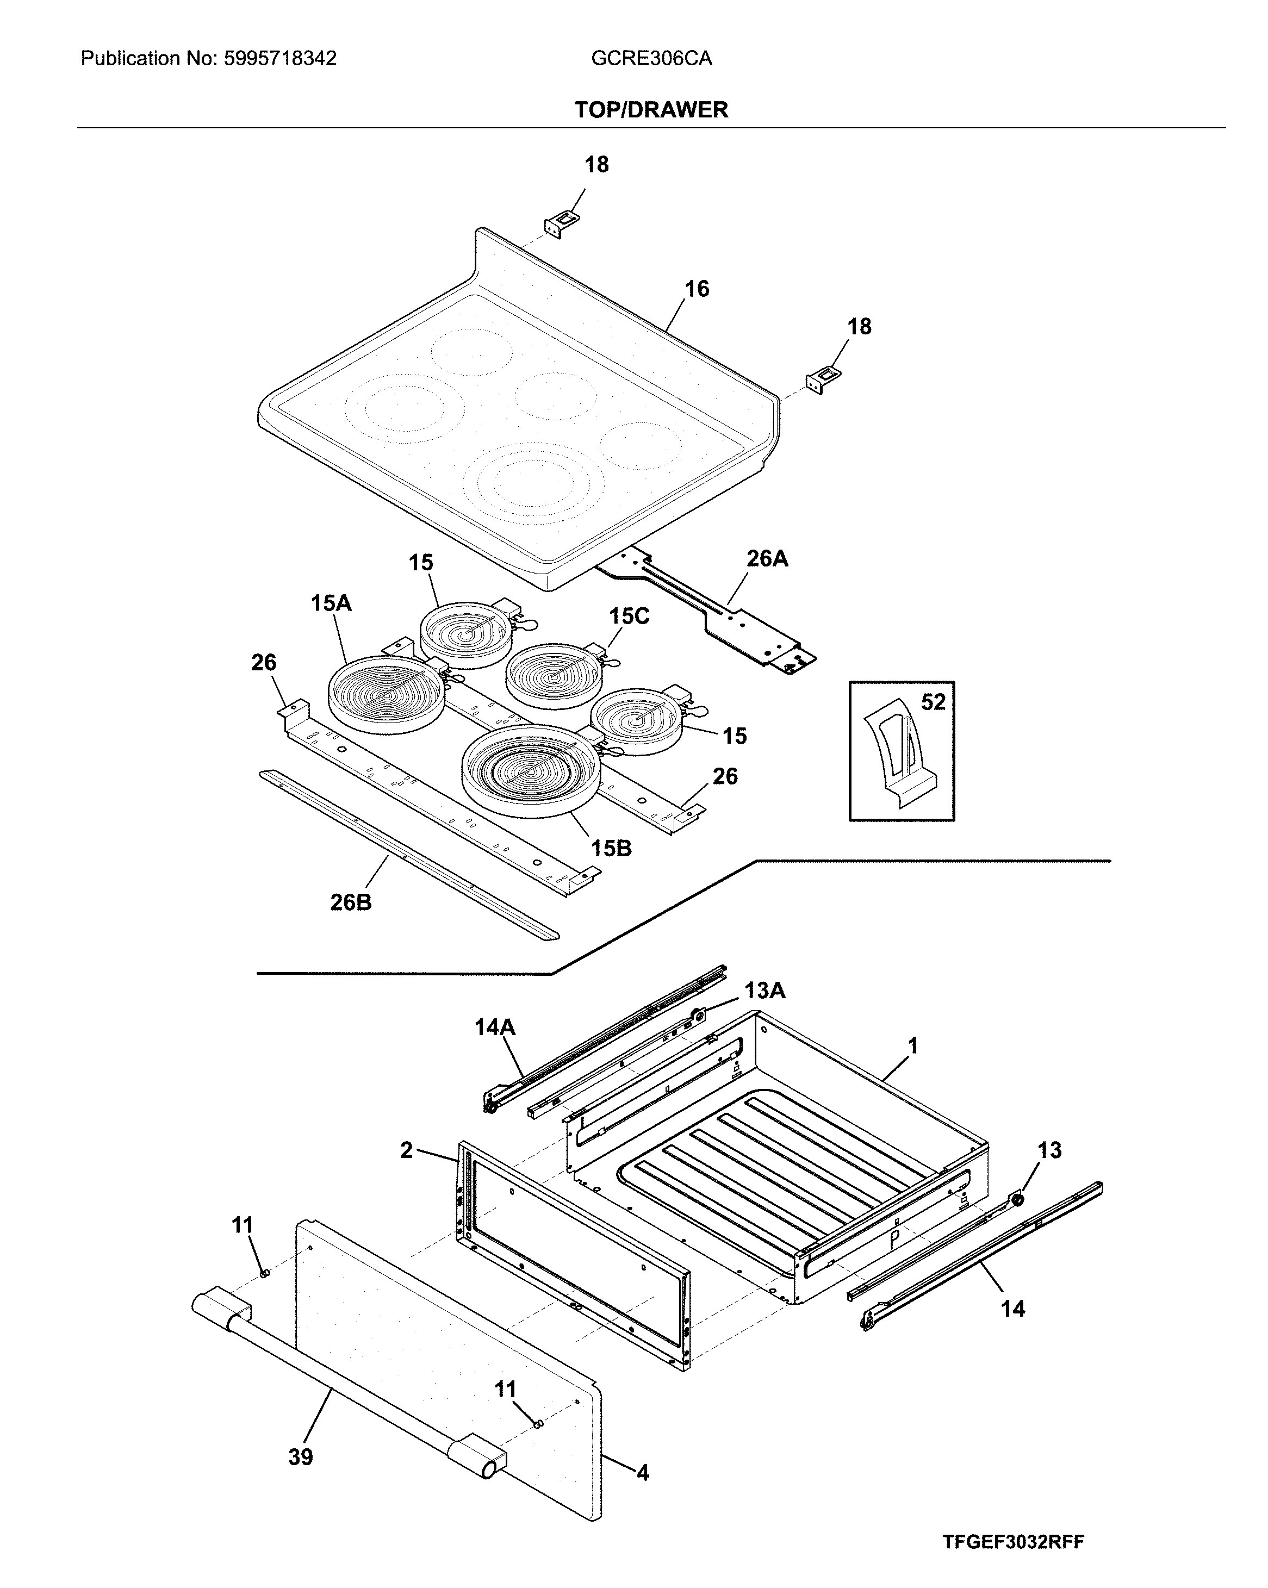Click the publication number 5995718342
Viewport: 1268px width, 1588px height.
point(280,59)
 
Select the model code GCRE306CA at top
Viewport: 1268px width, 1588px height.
point(651,59)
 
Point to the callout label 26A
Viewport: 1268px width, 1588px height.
point(767,559)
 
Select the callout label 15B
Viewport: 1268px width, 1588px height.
point(611,849)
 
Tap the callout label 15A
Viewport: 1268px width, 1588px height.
point(331,603)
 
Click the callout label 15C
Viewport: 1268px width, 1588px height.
point(629,616)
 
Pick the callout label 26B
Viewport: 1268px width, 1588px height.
point(351,902)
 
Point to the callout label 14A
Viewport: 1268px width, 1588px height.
point(494,1027)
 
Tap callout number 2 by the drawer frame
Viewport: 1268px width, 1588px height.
point(406,1150)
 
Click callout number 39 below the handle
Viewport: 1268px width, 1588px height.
point(301,1457)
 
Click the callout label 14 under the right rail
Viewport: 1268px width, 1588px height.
point(1012,1309)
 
